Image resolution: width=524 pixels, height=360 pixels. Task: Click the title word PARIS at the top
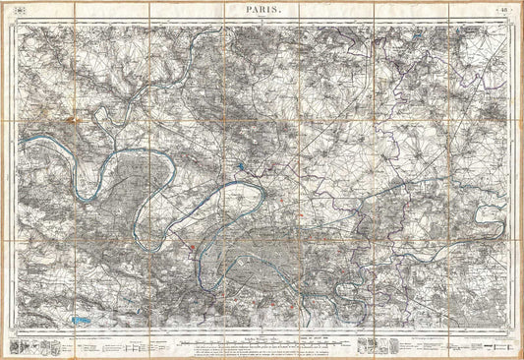click(x=262, y=9)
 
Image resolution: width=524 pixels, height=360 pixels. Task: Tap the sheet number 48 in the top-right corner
click(x=503, y=9)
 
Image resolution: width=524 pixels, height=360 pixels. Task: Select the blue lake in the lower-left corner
click(x=83, y=320)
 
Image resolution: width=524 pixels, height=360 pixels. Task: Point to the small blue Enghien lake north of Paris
click(x=240, y=166)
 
